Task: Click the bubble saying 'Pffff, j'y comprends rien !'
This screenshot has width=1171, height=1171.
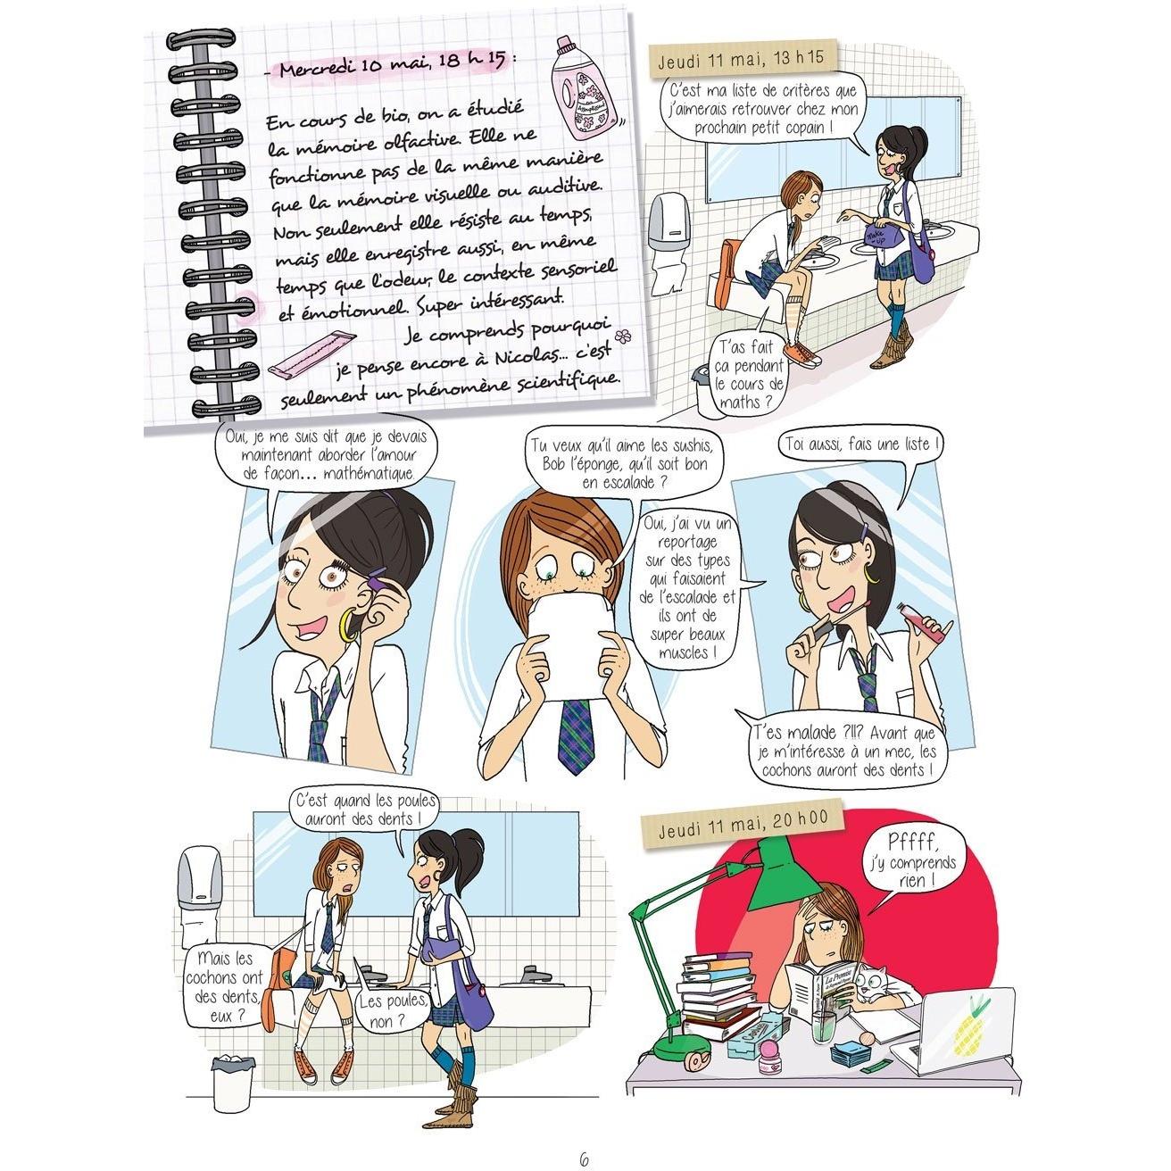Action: (913, 862)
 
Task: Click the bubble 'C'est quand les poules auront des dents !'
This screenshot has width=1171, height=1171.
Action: (363, 810)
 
